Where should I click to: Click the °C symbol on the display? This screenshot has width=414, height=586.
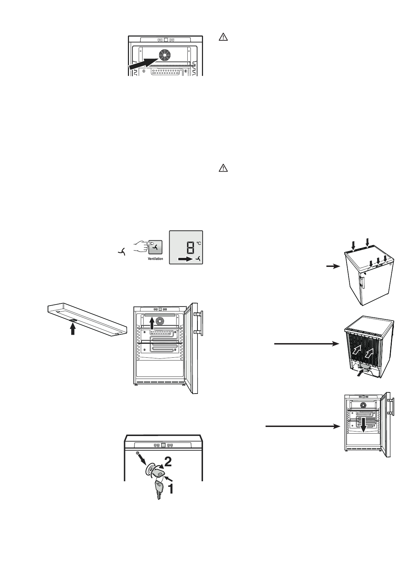pos(199,243)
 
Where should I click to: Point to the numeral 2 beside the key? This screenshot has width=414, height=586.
pos(167,461)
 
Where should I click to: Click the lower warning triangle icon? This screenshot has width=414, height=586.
pos(223,168)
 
